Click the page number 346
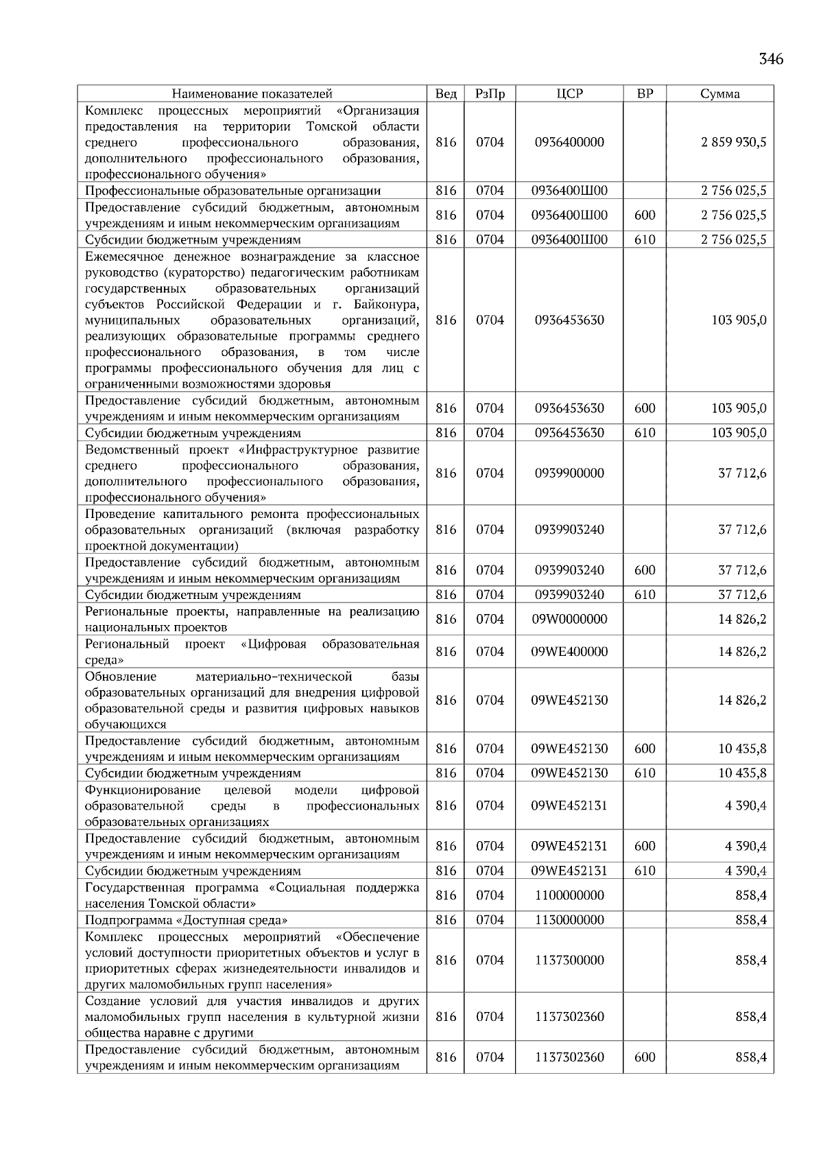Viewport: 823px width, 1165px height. coord(771,59)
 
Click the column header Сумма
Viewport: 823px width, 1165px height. coord(719,94)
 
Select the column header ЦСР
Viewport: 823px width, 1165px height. coord(569,94)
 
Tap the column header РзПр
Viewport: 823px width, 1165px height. coord(490,94)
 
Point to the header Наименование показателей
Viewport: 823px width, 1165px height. coord(252,94)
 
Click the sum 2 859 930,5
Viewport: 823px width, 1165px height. coord(733,143)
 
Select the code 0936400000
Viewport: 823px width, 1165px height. coord(569,143)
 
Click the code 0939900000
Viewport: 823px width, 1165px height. coord(569,473)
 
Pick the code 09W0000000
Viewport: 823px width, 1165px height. coord(569,620)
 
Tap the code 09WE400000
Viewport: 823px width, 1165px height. coord(569,652)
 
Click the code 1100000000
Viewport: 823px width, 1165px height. coord(569,895)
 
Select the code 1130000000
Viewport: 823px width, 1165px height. coord(569,920)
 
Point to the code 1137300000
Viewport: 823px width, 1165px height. coord(569,961)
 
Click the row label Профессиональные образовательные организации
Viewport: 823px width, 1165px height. coord(232,191)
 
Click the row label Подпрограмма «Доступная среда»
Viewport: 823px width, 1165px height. coord(186,920)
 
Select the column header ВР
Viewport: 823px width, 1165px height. coord(645,94)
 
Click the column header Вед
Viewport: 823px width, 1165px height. coord(446,94)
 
